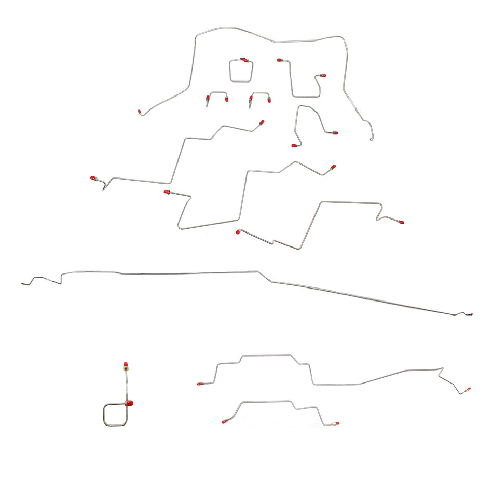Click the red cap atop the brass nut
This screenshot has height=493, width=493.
click(x=126, y=364)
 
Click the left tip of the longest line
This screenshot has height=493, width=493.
click(x=23, y=285)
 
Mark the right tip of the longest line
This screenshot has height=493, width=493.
click(x=471, y=314)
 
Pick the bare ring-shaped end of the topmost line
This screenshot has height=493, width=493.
click(x=372, y=139)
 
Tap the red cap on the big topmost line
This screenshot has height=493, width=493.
click(x=140, y=112)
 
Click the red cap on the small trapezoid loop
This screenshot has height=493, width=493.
click(x=245, y=60)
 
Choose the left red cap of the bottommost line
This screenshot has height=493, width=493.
click(x=224, y=422)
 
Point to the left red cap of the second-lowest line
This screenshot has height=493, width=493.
click(x=199, y=384)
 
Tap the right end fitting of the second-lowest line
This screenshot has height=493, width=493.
click(x=468, y=389)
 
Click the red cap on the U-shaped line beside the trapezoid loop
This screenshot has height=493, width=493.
click(x=279, y=60)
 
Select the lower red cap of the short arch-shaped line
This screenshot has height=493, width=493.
click(x=293, y=146)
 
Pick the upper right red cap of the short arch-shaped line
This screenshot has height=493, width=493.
click(x=335, y=133)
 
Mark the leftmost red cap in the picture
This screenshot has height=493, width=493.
click(x=93, y=178)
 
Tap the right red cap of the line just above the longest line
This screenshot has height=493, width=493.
click(x=401, y=222)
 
